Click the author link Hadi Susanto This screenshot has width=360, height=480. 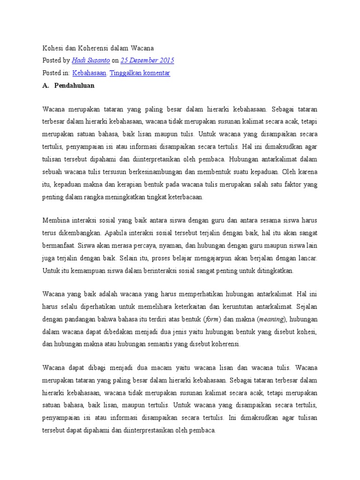coord(91,60)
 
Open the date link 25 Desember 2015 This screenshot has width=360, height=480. coord(147,60)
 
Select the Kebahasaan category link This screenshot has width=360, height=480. coord(90,73)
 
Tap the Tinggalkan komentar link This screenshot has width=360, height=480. coord(140,73)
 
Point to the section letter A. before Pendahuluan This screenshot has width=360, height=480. coord(45,86)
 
